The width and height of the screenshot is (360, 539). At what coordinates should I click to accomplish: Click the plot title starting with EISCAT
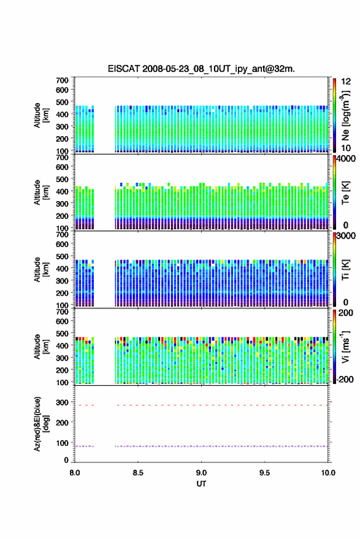[201, 69]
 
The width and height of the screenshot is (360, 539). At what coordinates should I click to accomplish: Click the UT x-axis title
[201, 484]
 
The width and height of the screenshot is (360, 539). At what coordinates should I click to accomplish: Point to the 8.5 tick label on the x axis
[138, 473]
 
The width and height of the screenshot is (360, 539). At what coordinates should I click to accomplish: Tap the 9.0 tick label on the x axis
[201, 473]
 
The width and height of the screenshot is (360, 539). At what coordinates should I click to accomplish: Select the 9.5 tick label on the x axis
[264, 473]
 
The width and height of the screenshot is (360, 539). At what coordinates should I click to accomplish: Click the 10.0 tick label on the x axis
[328, 473]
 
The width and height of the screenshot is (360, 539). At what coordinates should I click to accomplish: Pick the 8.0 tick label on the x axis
[75, 473]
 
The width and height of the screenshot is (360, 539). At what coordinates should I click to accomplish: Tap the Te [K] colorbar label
[345, 193]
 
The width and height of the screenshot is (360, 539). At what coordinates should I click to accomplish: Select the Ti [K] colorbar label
[345, 270]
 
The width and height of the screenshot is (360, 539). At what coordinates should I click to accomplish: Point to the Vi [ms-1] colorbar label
[345, 346]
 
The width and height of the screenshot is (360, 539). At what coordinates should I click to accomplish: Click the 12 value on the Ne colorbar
[346, 82]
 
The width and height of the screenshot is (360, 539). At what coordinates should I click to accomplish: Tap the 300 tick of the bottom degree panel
[62, 402]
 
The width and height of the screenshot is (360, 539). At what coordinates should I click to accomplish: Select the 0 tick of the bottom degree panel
[66, 460]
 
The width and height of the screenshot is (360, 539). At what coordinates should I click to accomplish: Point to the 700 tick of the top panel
[62, 80]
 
